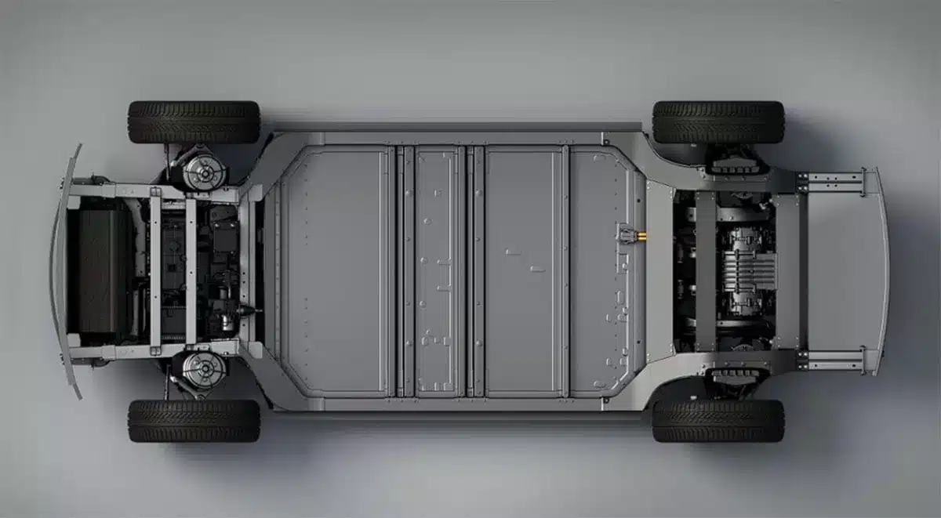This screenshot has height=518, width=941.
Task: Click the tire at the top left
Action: point(194,121)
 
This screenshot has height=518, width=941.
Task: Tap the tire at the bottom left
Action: point(194,421)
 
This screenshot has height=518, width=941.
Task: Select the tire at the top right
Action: point(718,121)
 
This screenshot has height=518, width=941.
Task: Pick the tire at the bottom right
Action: point(718,421)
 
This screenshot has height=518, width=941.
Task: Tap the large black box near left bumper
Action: point(102,270)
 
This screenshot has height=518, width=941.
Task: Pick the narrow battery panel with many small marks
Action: point(438,270)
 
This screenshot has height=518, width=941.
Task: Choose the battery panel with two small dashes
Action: point(523,270)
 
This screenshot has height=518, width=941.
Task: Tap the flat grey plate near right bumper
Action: point(839,270)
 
